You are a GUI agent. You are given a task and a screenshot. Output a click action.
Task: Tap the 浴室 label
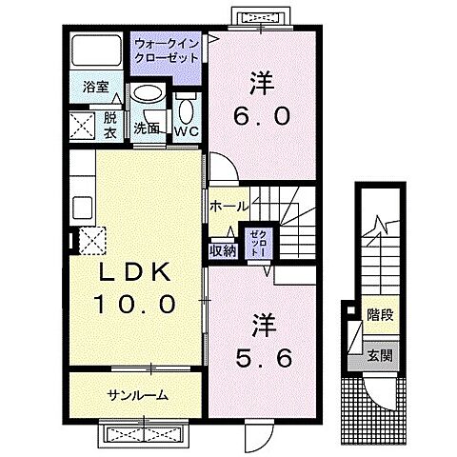94,88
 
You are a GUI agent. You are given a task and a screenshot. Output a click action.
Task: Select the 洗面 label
146,128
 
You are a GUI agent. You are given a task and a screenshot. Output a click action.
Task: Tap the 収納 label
223,251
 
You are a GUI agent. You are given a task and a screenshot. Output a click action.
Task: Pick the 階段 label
380,313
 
